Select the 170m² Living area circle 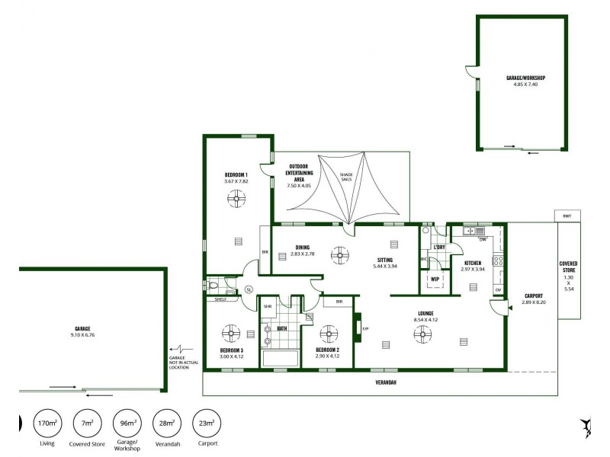pos(47,423)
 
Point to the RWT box pos(567,216)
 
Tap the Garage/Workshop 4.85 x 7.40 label pos(525,81)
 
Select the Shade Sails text pos(346,176)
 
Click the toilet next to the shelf pos(213,286)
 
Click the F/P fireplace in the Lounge pos(357,328)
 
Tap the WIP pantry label pos(435,279)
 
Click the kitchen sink pos(470,230)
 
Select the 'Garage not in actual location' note pos(184,363)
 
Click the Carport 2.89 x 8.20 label pos(534,299)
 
